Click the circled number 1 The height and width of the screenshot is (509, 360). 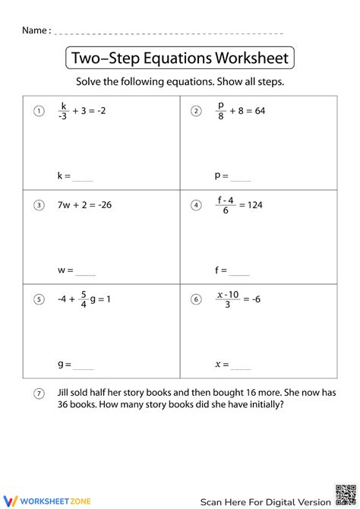coord(38,112)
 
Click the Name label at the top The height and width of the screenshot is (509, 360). coord(36,30)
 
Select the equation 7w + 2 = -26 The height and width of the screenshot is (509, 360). coord(84,204)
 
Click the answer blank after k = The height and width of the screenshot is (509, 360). coord(83,177)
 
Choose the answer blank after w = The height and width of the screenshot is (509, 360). coord(86,270)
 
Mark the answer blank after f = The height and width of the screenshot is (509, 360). coord(238,270)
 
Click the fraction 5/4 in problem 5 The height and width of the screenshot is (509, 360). coord(84,299)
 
